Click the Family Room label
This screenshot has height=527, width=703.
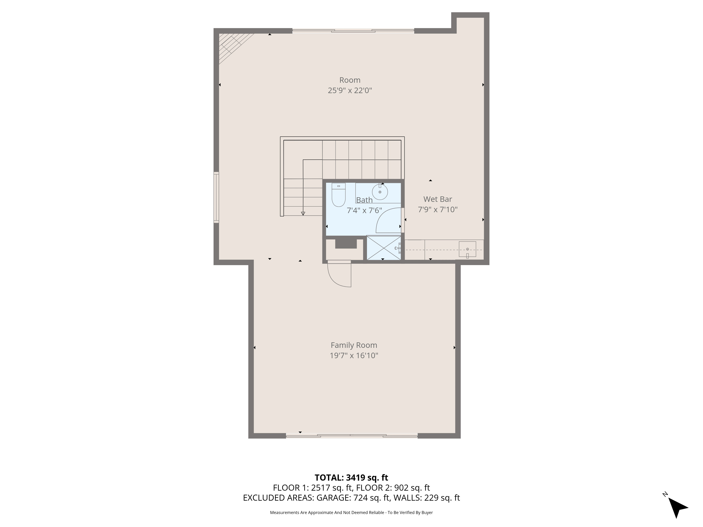point(354,345)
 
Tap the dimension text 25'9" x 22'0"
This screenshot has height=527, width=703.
point(350,90)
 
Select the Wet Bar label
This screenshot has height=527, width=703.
point(437,199)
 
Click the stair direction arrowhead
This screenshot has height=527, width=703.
point(303,213)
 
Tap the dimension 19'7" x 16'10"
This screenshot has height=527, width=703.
point(354,356)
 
